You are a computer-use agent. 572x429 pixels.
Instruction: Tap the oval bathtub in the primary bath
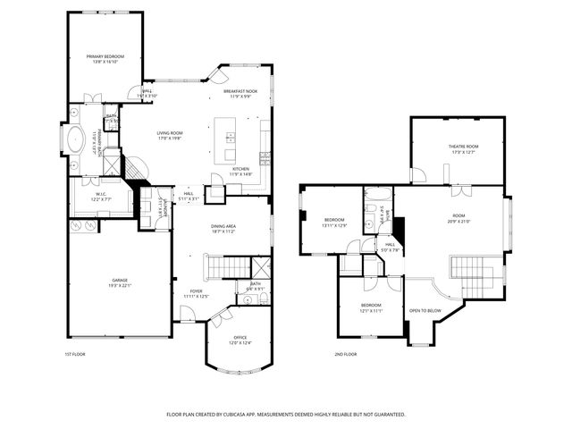[x=76, y=141]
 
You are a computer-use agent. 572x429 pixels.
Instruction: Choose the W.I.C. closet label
[x=101, y=195]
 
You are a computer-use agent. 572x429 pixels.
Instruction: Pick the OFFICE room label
[x=240, y=337]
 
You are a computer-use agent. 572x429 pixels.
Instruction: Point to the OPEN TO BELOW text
[x=425, y=310]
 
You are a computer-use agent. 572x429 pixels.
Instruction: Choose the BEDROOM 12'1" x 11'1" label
[x=371, y=306]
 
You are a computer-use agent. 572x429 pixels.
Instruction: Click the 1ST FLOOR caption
[x=74, y=354]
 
